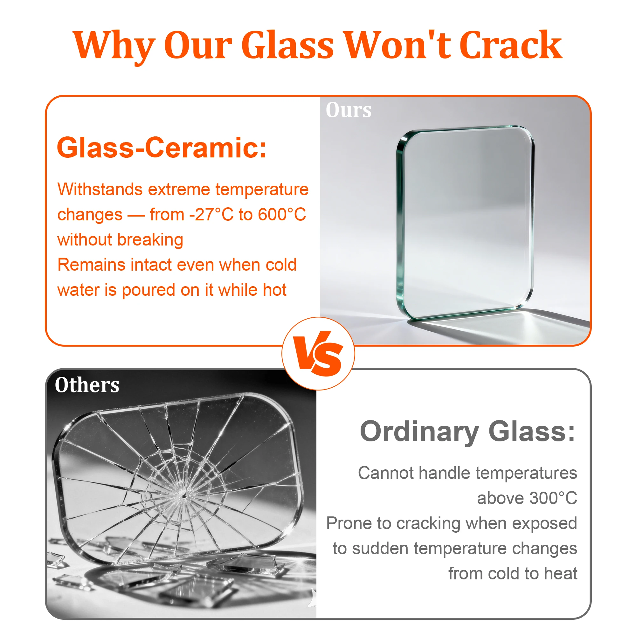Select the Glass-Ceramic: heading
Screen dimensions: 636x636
[x=162, y=148]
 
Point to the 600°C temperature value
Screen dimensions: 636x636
[x=282, y=214]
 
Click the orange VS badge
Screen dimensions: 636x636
[x=318, y=354]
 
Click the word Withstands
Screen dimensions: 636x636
[x=100, y=189]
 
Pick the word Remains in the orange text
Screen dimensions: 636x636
[x=91, y=265]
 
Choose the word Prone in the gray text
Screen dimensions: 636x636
[x=349, y=523]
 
